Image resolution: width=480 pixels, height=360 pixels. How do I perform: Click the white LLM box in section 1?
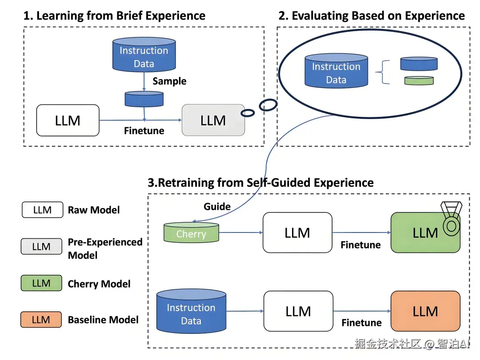point(68,120)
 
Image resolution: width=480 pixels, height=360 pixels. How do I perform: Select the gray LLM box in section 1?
point(213,120)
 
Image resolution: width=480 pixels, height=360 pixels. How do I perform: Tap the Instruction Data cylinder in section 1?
point(144,55)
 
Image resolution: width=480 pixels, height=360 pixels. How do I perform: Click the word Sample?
point(169,81)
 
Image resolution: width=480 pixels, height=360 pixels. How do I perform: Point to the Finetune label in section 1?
point(144,131)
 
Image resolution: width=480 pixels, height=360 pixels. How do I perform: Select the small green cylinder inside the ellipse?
point(419,80)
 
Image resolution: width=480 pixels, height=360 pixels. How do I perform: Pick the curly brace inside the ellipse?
point(383,72)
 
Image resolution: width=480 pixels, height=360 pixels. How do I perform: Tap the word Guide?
point(217,207)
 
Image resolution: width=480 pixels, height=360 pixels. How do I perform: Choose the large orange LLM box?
point(425,311)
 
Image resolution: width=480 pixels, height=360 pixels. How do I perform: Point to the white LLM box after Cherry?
point(297,233)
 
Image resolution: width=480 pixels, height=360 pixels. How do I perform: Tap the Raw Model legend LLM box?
point(42,210)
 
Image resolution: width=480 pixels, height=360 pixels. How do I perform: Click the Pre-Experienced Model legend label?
point(105,248)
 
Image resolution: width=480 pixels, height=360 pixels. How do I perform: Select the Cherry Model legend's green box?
point(41,283)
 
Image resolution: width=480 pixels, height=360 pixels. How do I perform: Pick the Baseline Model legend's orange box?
point(41,320)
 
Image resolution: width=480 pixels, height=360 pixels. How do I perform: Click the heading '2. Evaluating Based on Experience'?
point(372,16)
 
